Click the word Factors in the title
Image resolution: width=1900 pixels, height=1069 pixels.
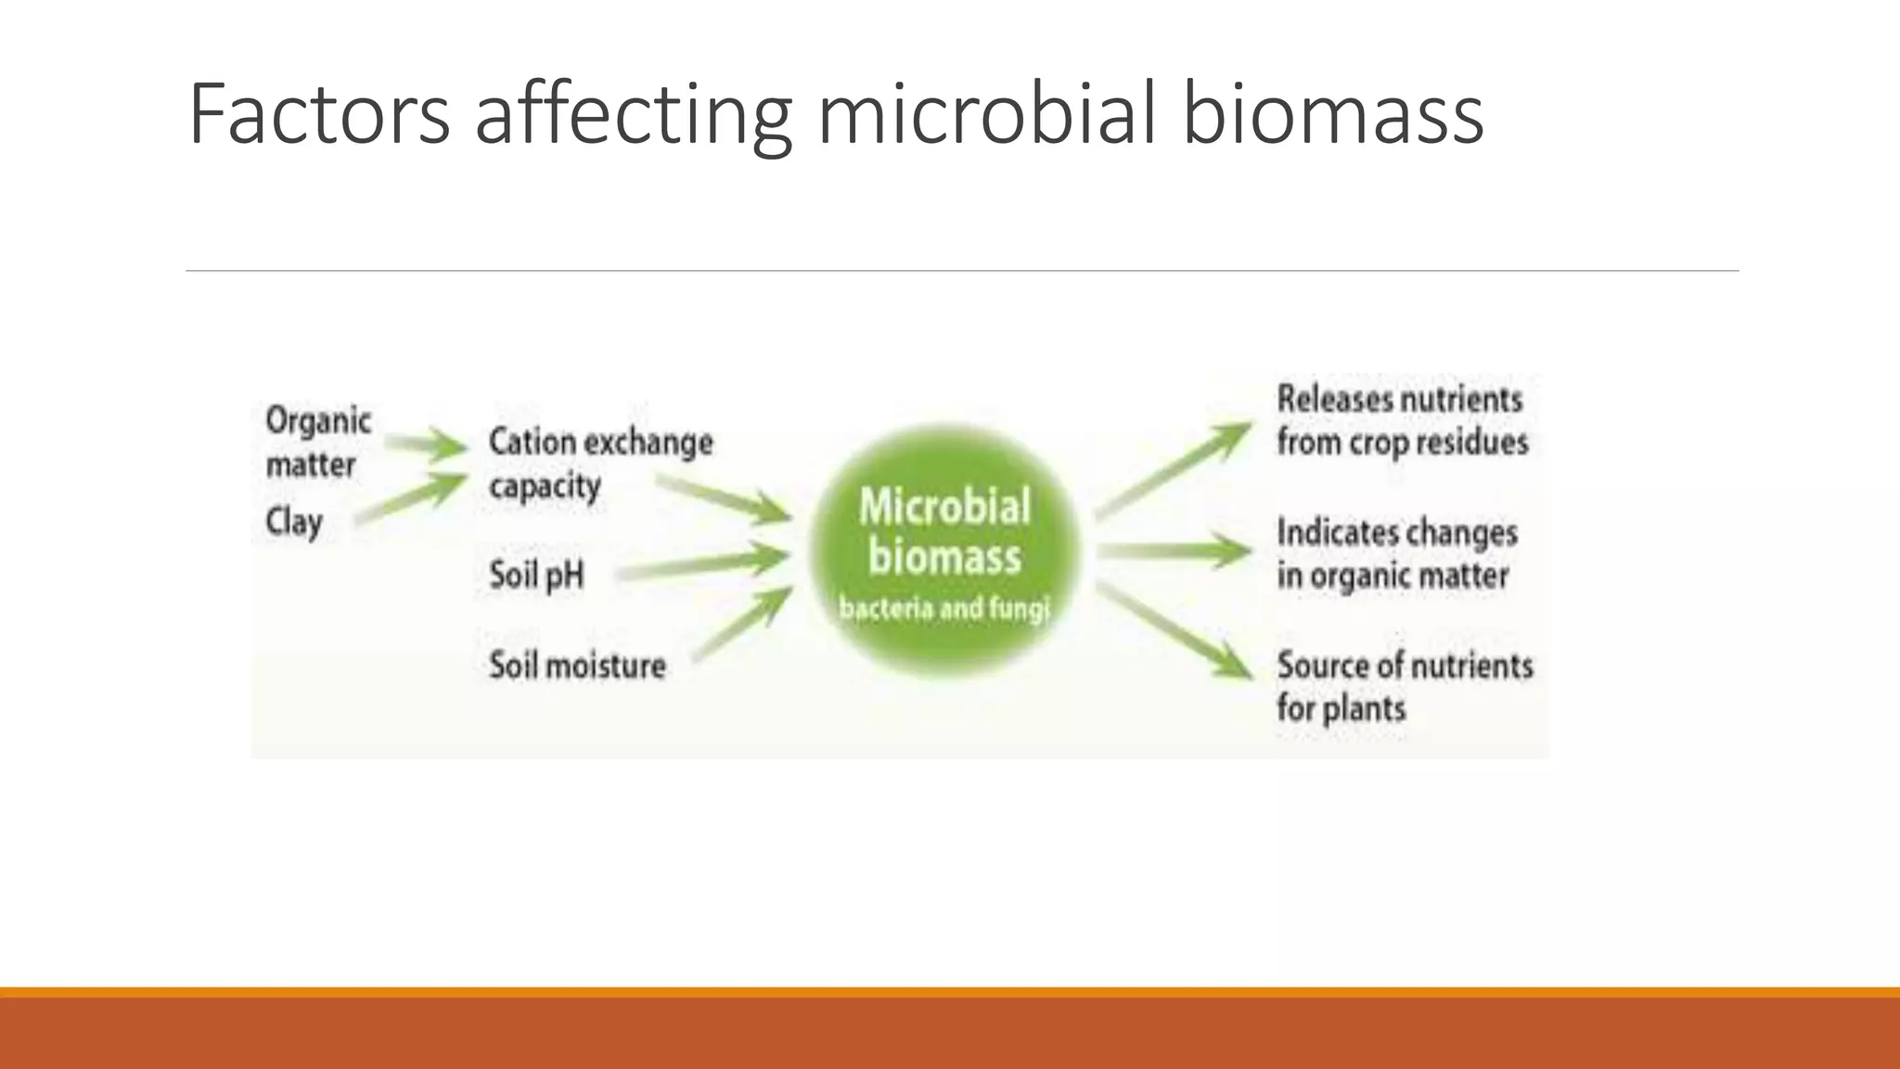click(x=319, y=115)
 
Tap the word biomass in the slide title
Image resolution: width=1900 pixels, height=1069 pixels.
click(x=1333, y=115)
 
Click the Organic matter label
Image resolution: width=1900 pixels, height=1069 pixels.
click(x=317, y=443)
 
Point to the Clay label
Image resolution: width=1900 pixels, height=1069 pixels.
click(x=294, y=522)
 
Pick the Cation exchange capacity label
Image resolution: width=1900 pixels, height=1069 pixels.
click(x=599, y=463)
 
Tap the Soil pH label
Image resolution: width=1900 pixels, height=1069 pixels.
click(x=536, y=575)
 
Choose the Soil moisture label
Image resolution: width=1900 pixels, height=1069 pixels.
click(x=577, y=665)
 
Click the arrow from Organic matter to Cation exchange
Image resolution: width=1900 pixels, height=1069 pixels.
click(x=426, y=446)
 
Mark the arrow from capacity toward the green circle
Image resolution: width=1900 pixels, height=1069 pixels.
click(x=724, y=498)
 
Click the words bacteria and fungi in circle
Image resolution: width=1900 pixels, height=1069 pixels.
click(x=944, y=610)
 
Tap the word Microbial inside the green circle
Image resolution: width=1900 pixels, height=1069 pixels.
click(x=944, y=508)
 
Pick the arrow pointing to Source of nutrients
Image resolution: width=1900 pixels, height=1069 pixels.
click(x=1174, y=631)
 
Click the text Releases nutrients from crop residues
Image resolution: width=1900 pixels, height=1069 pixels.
click(x=1401, y=420)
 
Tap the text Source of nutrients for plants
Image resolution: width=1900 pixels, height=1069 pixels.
click(x=1404, y=687)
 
